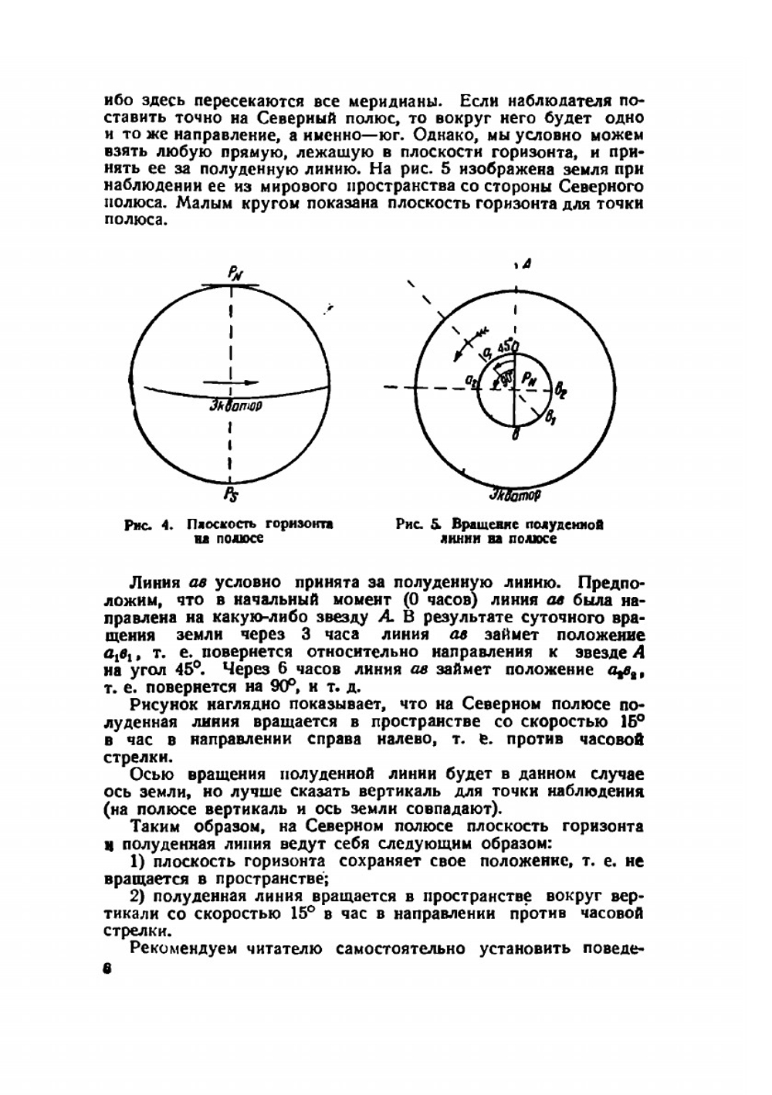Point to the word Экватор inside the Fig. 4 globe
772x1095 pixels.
pyautogui.click(x=235, y=404)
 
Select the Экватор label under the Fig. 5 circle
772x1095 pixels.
pyautogui.click(x=515, y=493)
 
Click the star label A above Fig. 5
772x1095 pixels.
pyautogui.click(x=524, y=265)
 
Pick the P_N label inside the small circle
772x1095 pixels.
pyautogui.click(x=529, y=378)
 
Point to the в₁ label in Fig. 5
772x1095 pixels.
pyautogui.click(x=551, y=419)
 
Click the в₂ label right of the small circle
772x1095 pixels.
pyautogui.click(x=560, y=392)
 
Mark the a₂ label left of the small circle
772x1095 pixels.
pyautogui.click(x=470, y=381)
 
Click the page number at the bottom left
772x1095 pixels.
pyautogui.click(x=107, y=969)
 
